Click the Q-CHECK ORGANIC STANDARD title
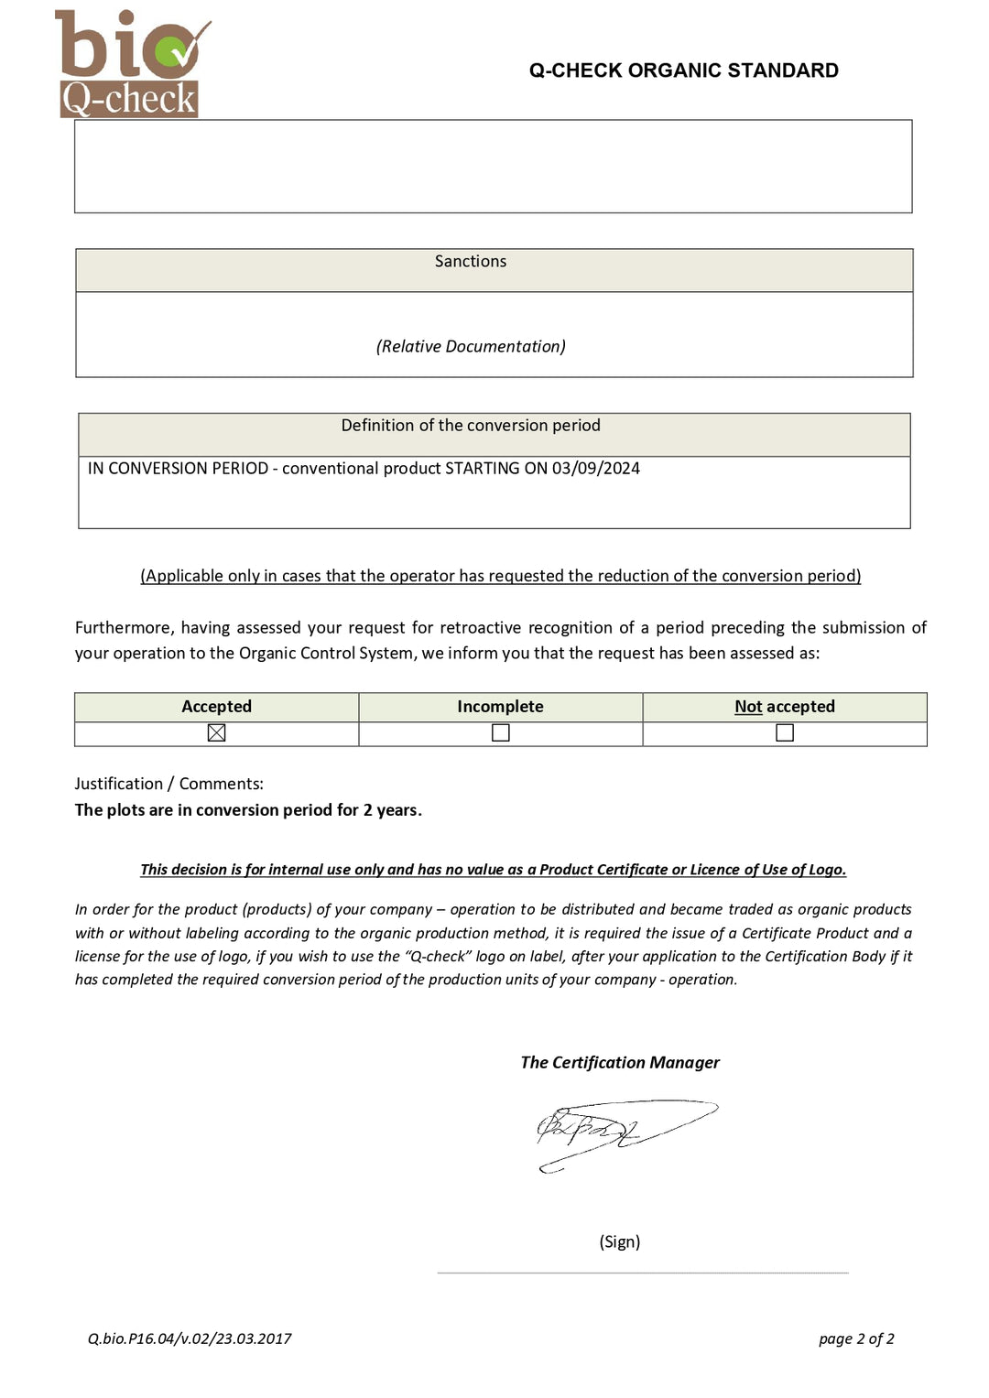click(x=683, y=70)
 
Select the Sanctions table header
click(x=471, y=262)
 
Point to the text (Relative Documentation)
click(x=471, y=346)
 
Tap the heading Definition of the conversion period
click(x=471, y=426)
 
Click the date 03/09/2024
click(x=595, y=469)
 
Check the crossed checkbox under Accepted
click(x=216, y=732)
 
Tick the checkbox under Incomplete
click(x=500, y=732)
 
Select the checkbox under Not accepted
click(x=785, y=732)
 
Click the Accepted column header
click(x=216, y=707)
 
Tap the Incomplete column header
click(x=500, y=707)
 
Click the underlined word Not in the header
click(x=748, y=707)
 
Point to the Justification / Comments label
click(x=169, y=784)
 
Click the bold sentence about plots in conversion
click(x=248, y=810)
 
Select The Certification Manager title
click(x=620, y=1062)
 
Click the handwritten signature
click(x=614, y=1132)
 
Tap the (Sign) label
click(x=620, y=1241)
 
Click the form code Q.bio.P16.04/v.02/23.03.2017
click(x=190, y=1338)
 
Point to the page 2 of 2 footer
click(x=856, y=1338)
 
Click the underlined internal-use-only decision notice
click(x=493, y=870)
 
